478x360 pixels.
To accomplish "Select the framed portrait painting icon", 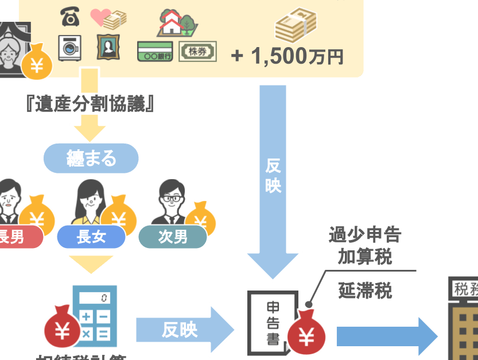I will (x=107, y=47).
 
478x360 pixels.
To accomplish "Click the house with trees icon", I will (x=177, y=22).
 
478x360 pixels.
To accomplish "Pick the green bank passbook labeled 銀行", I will (x=155, y=52).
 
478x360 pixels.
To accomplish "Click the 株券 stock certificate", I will (x=198, y=52).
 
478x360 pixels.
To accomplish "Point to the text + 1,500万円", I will (x=287, y=56).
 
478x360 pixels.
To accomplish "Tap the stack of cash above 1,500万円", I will (x=296, y=27).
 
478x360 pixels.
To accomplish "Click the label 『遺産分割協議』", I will (x=91, y=104).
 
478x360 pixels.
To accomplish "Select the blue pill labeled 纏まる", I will (x=91, y=158).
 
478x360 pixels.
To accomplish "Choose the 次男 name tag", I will (x=172, y=237).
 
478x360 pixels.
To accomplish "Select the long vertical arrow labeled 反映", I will (x=273, y=178).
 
